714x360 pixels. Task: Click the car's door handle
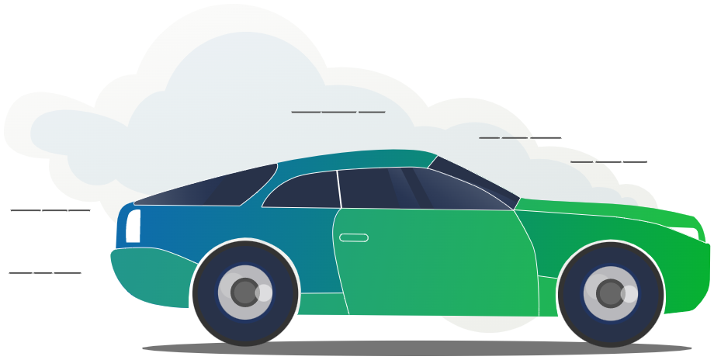pyautogui.click(x=354, y=237)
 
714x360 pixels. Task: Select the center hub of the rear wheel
pyautogui.click(x=245, y=292)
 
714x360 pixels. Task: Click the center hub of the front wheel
pyautogui.click(x=611, y=293)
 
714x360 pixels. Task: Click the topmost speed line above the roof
pyautogui.click(x=338, y=112)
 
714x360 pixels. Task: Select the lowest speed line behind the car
pyautogui.click(x=45, y=272)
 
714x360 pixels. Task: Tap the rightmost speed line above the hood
pyautogui.click(x=608, y=162)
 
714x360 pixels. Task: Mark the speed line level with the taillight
pyautogui.click(x=50, y=209)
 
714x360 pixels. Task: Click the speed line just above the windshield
pyautogui.click(x=520, y=137)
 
